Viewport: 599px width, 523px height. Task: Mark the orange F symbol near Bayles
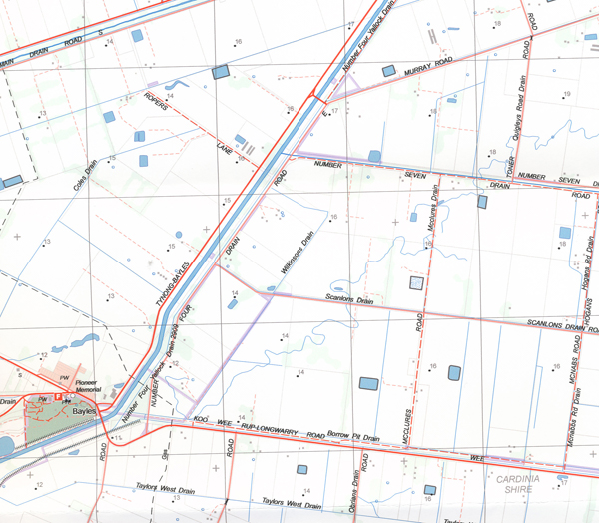(x=58, y=397)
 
